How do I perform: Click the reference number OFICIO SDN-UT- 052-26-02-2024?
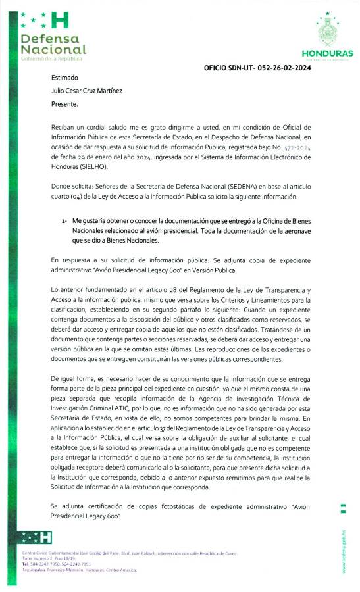click(257, 68)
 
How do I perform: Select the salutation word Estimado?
click(64, 78)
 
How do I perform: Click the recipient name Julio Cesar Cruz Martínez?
click(86, 91)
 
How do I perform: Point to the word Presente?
click(64, 104)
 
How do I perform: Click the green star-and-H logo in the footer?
click(37, 536)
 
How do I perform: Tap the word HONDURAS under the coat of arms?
click(327, 54)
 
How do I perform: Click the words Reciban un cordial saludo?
click(86, 124)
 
